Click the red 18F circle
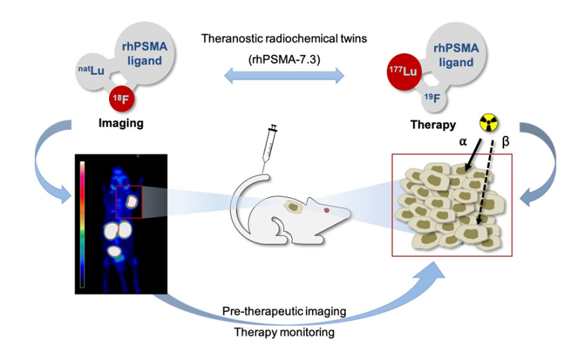coord(122,99)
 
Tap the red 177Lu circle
coord(404,72)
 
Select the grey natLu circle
coord(92,71)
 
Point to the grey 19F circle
coord(433,98)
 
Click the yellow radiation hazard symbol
coord(489,123)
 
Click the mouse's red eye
coord(326,210)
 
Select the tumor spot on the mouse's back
coord(293,207)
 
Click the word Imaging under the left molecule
coord(121,123)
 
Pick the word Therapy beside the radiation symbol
coord(433,125)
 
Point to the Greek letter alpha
coord(463,142)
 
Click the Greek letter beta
coord(506,142)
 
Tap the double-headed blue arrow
coord(285,76)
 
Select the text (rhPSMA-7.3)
coord(285,59)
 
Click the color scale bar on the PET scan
coord(82,224)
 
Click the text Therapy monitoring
coord(285,332)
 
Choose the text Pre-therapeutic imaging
coord(285,311)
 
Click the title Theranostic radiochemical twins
coord(285,38)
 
